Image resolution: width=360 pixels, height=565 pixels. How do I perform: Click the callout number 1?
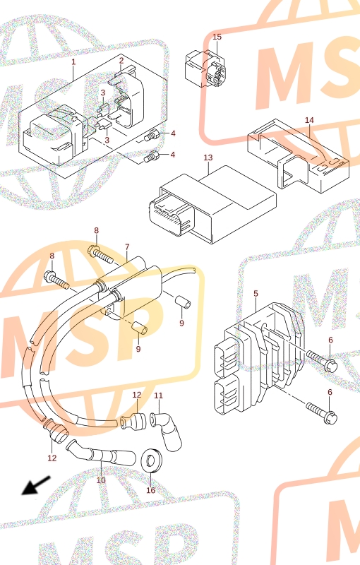[73, 61]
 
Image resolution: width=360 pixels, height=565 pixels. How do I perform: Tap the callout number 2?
[121, 61]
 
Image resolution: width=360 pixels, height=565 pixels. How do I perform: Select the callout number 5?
[256, 294]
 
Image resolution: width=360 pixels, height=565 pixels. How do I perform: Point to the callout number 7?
[127, 247]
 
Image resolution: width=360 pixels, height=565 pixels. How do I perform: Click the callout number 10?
[101, 480]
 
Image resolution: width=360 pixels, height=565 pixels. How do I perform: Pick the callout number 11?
[158, 395]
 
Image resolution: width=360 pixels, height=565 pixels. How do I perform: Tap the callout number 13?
[208, 157]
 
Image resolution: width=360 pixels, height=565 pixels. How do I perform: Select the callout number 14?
[309, 120]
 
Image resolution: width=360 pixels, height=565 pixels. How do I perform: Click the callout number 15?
[217, 37]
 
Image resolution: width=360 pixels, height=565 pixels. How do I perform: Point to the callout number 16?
[151, 490]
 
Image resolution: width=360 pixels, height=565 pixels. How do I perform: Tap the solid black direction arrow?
[36, 485]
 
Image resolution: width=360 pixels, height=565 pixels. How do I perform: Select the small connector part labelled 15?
[205, 69]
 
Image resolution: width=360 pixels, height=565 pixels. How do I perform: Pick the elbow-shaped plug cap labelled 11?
[167, 431]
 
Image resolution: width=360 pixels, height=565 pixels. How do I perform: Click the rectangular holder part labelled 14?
[298, 155]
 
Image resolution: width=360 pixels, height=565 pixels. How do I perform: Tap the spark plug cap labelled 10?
[101, 453]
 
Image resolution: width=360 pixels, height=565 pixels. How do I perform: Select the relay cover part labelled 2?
[129, 97]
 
